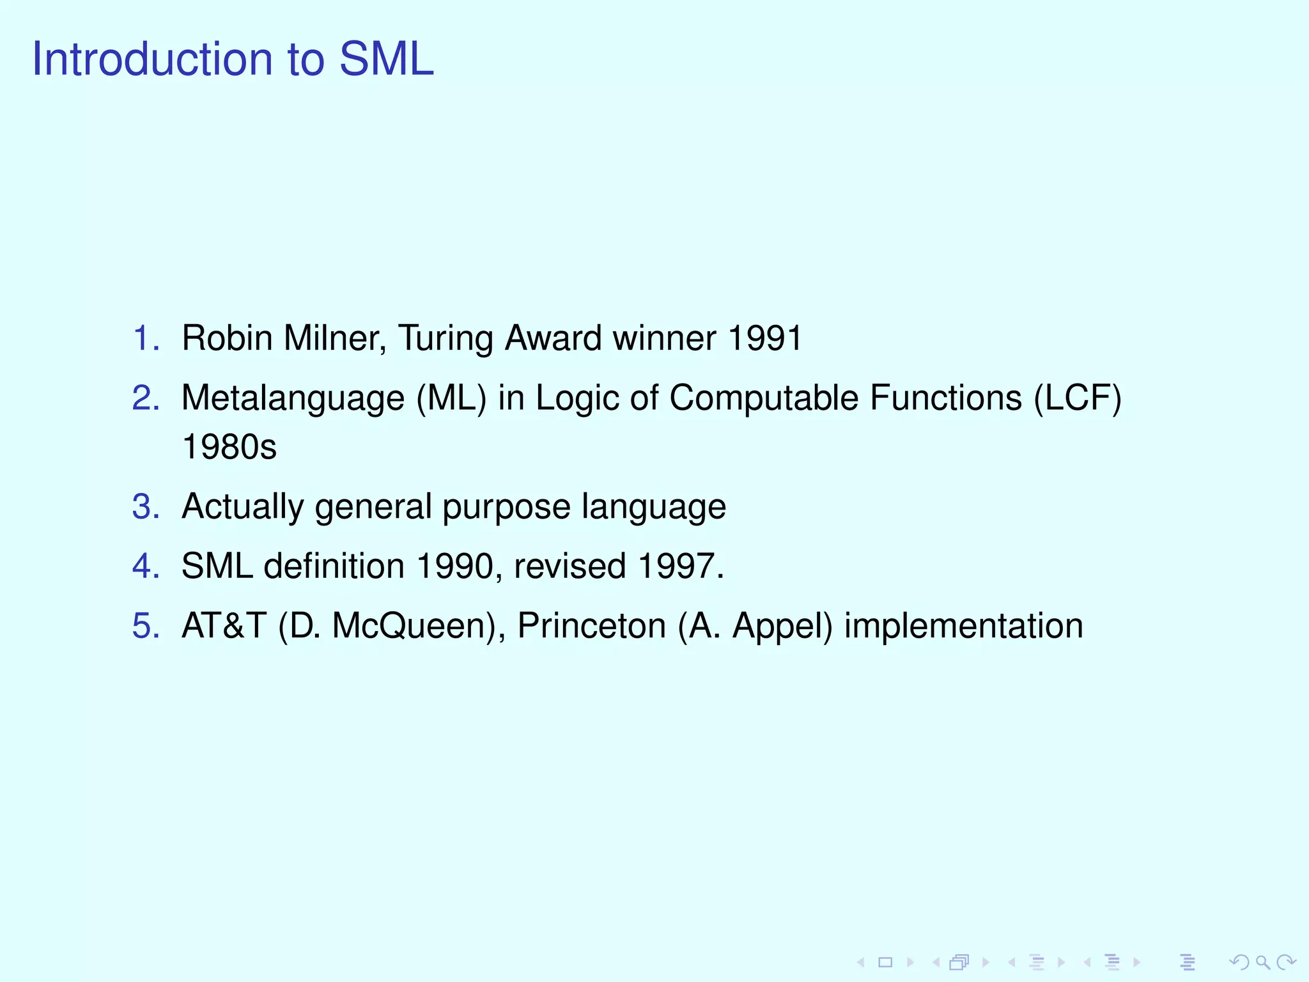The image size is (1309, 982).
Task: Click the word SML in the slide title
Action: coord(386,59)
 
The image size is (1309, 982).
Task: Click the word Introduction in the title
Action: coord(152,59)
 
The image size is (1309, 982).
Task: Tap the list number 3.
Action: coord(146,506)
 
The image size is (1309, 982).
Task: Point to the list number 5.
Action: coord(146,625)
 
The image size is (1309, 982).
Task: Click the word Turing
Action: coord(445,339)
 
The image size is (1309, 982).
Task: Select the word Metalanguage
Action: coord(293,399)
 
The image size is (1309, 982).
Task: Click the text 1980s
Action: coord(229,446)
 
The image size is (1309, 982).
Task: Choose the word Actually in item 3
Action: coord(242,508)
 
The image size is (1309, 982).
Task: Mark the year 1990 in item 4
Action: coord(455,566)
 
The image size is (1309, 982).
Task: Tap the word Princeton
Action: coord(591,625)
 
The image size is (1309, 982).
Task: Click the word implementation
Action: coord(963,627)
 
